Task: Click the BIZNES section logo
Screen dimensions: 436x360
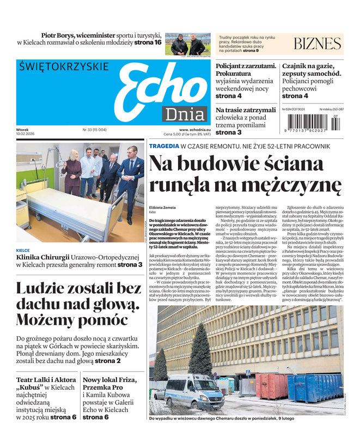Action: [317, 44]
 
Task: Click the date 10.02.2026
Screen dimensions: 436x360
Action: [26, 134]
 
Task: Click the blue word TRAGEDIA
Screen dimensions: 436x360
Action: [164, 146]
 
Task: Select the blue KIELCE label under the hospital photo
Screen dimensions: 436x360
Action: [23, 251]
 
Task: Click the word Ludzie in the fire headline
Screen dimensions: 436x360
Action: [43, 289]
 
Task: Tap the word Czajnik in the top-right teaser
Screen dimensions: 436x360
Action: [298, 66]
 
